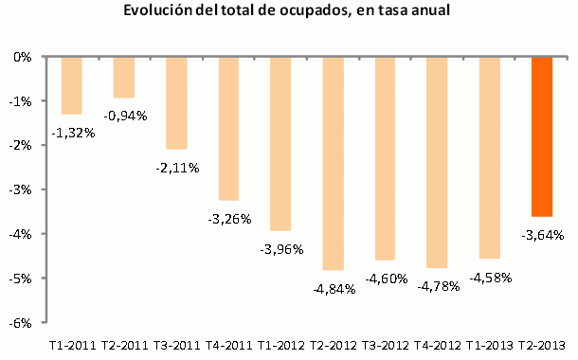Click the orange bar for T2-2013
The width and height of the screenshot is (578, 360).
click(542, 136)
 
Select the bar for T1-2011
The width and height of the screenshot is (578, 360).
click(72, 85)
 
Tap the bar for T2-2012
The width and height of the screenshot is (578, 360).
click(334, 163)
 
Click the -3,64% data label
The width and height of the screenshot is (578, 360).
click(542, 234)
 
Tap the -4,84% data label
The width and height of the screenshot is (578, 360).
click(334, 288)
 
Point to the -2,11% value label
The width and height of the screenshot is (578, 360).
click(176, 167)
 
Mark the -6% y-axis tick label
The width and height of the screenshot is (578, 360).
click(23, 322)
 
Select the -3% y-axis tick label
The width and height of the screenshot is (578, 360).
click(23, 189)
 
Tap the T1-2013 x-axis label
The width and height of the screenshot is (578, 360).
click(490, 345)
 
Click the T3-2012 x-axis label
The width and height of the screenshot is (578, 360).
click(386, 345)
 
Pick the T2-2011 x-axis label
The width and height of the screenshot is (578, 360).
click(124, 345)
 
